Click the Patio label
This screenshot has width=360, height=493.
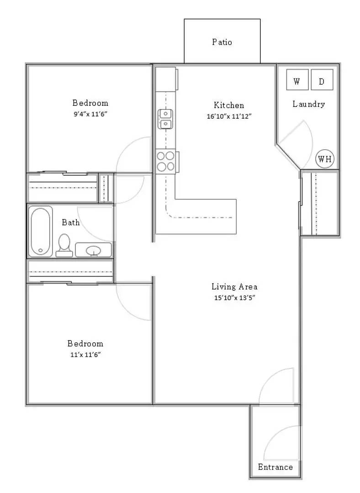(222, 42)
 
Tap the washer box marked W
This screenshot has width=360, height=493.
(297, 80)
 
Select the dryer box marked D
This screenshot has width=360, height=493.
(322, 80)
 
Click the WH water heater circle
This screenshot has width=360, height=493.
(325, 159)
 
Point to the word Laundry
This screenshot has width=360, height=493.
(309, 104)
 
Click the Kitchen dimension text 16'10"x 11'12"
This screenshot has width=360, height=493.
(229, 116)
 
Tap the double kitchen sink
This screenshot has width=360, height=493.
(165, 119)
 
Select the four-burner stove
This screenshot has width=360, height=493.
(166, 161)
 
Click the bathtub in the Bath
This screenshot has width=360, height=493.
(41, 231)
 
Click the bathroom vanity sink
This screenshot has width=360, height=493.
(94, 250)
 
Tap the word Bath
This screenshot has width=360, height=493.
(71, 222)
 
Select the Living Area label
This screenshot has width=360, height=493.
(234, 286)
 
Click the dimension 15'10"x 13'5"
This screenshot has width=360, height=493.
(234, 298)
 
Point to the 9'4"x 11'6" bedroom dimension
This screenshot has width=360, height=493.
(90, 114)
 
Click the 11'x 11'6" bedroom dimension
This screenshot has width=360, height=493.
(85, 355)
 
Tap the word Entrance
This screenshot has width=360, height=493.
(275, 467)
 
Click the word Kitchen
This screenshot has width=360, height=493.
(229, 105)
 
